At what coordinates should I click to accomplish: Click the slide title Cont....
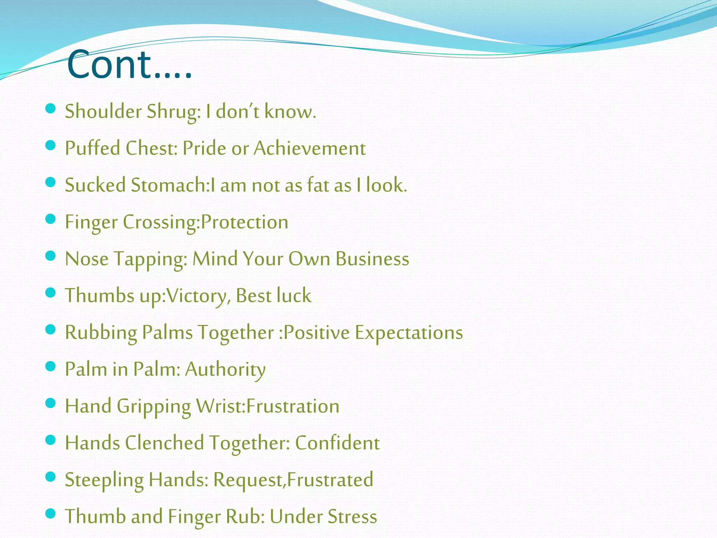pyautogui.click(x=129, y=65)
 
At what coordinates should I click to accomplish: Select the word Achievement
pyautogui.click(x=309, y=149)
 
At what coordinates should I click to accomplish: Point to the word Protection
pyautogui.click(x=245, y=222)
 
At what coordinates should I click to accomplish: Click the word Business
pyautogui.click(x=372, y=259)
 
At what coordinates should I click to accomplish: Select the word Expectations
pyautogui.click(x=409, y=333)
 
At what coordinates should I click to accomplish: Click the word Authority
pyautogui.click(x=225, y=370)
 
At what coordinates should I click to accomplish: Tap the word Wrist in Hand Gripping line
pyautogui.click(x=220, y=406)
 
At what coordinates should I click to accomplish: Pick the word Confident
pyautogui.click(x=337, y=443)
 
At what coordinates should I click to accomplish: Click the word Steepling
pyautogui.click(x=104, y=480)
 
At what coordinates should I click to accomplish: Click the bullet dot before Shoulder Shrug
pyautogui.click(x=51, y=108)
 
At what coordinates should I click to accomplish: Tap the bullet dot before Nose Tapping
pyautogui.click(x=51, y=256)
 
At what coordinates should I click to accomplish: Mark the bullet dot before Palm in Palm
pyautogui.click(x=51, y=366)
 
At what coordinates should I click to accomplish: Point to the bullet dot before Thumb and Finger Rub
pyautogui.click(x=51, y=513)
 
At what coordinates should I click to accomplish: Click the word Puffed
pyautogui.click(x=92, y=149)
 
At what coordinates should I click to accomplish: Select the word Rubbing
pyautogui.click(x=101, y=333)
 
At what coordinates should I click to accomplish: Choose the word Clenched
pyautogui.click(x=164, y=443)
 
